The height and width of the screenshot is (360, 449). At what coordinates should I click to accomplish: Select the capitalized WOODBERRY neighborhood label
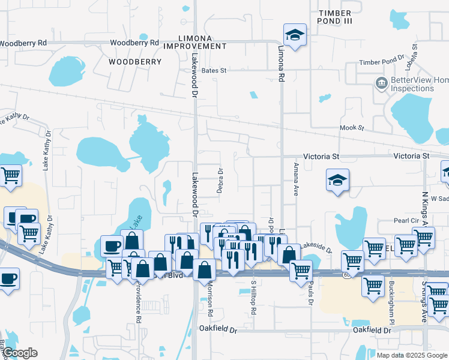pyautogui.click(x=135, y=62)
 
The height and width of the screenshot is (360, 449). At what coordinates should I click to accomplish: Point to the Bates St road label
pyautogui.click(x=214, y=71)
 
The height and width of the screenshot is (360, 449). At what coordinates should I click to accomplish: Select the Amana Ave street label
pyautogui.click(x=296, y=179)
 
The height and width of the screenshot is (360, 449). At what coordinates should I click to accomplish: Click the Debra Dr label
pyautogui.click(x=220, y=180)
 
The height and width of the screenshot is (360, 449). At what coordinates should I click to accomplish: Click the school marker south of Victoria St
pyautogui.click(x=337, y=179)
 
